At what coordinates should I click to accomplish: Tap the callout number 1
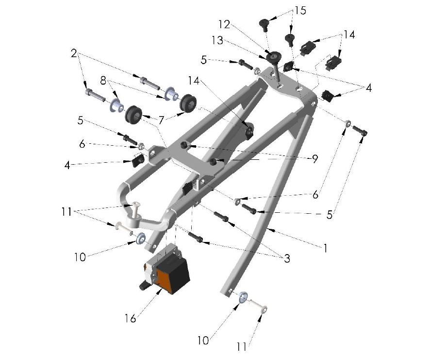tap(325, 248)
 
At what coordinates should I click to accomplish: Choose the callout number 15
tap(300, 11)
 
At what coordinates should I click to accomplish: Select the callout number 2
tap(74, 53)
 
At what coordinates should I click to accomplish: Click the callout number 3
tap(287, 258)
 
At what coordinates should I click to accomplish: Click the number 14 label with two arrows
tap(348, 34)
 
